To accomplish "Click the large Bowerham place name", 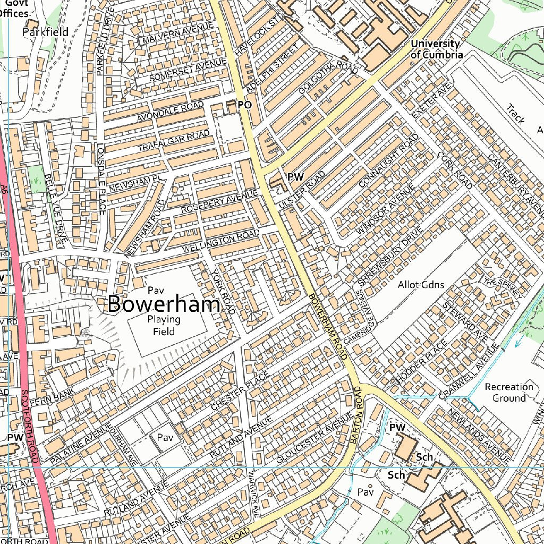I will (x=164, y=305).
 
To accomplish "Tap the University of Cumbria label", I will (x=435, y=49).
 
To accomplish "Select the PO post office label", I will (x=244, y=105).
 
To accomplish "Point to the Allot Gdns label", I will (x=421, y=285).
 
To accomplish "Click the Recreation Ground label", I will (x=508, y=392).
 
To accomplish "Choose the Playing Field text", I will (x=164, y=325).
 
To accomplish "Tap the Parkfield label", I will (x=46, y=32).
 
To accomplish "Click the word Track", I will (x=515, y=114).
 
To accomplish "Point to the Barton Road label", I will (x=356, y=415).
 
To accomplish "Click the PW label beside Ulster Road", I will (x=295, y=177).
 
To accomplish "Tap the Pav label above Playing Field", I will (x=155, y=290).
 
